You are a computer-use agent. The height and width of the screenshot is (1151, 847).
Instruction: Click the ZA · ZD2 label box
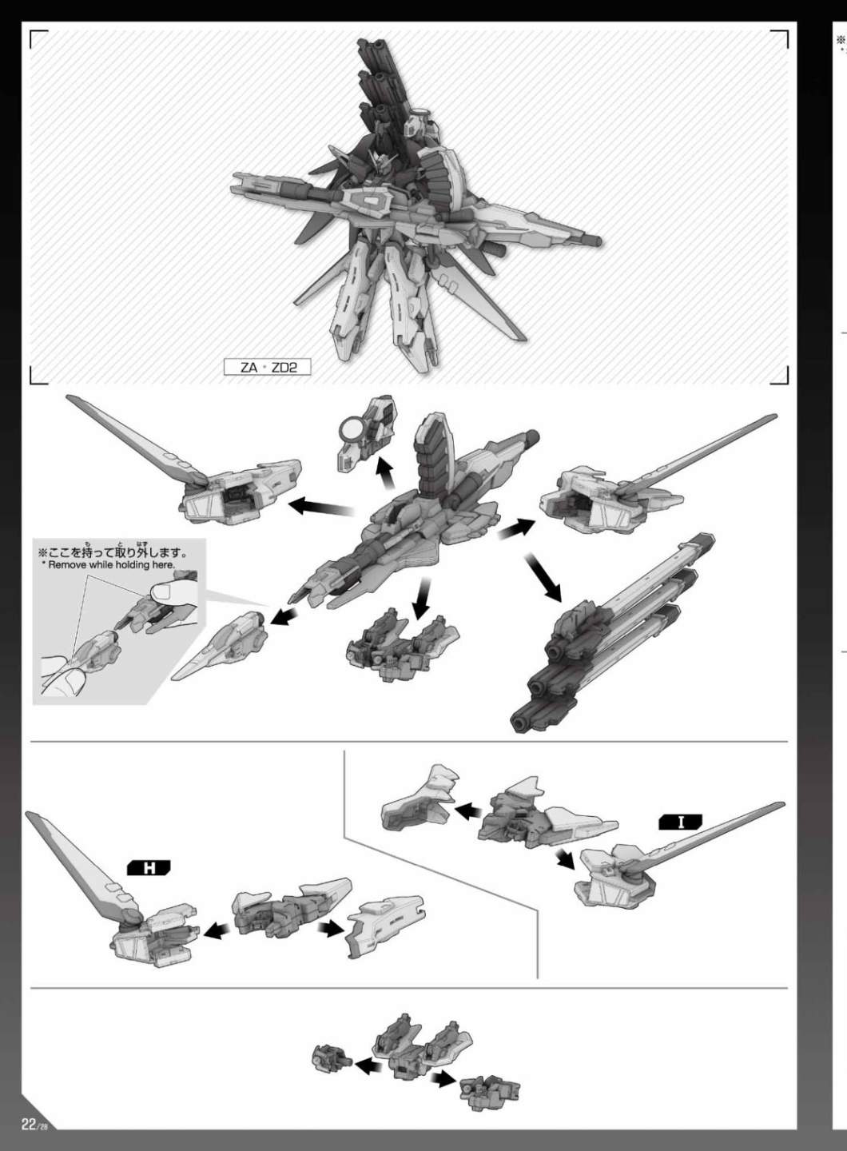(267, 368)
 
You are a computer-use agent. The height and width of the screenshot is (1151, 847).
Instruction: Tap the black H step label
(149, 868)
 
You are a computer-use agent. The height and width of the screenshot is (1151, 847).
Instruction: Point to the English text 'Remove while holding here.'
(111, 564)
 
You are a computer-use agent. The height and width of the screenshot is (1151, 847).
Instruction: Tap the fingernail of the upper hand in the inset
(162, 592)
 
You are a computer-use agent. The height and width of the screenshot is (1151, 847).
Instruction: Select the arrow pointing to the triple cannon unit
(543, 577)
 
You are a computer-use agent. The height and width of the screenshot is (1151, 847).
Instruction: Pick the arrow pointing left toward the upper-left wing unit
(321, 507)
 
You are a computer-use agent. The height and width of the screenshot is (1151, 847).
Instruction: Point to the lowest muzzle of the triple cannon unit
(520, 723)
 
